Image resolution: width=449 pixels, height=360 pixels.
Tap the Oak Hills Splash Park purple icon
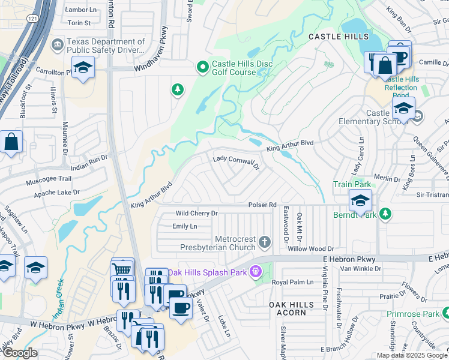pyautogui.click(x=256, y=272)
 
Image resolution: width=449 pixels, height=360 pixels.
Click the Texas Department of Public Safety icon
pyautogui.click(x=57, y=44)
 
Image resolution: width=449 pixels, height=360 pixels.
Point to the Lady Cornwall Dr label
pyautogui.click(x=236, y=160)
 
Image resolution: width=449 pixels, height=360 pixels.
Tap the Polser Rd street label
pyautogui.click(x=263, y=205)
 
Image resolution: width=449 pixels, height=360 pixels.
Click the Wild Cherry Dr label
pyautogui.click(x=196, y=214)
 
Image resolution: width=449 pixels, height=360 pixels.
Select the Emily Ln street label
pyautogui.click(x=184, y=226)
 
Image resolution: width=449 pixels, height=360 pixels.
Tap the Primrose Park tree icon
pyautogui.click(x=445, y=313)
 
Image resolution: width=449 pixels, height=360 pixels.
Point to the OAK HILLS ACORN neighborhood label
pyautogui.click(x=291, y=308)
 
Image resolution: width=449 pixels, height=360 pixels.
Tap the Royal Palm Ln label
pyautogui.click(x=292, y=282)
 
